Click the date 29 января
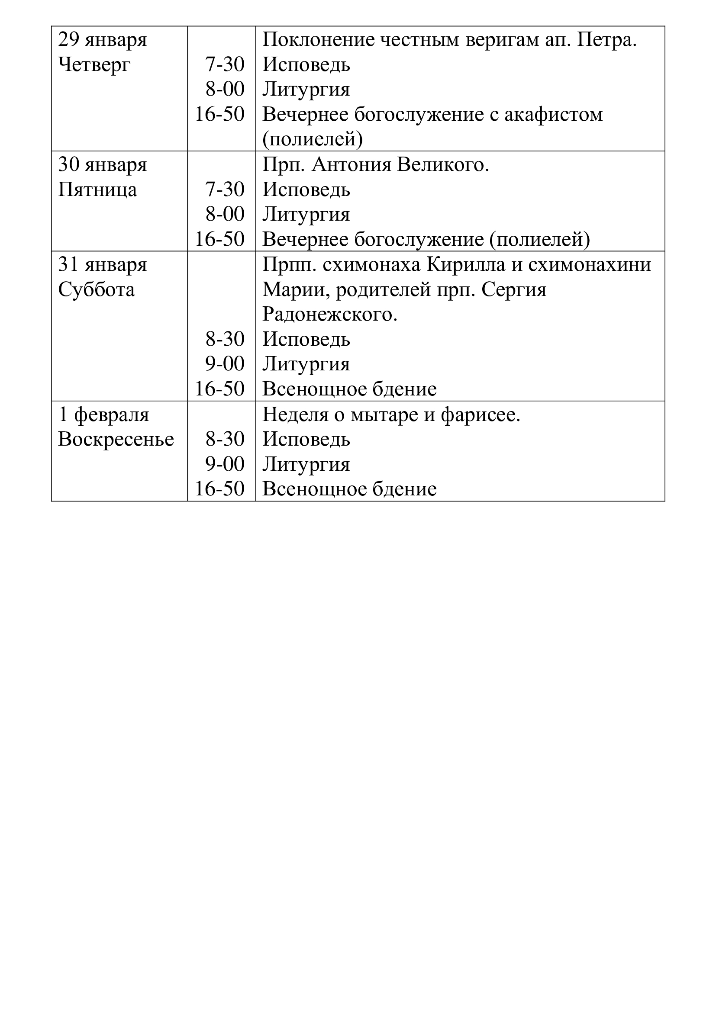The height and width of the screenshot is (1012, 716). pos(102,40)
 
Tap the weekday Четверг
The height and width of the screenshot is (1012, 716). pos(94,65)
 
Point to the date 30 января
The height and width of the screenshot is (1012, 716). pos(102,165)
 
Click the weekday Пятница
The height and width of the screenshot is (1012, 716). pos(97,190)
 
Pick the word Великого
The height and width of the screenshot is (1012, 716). pos(443,165)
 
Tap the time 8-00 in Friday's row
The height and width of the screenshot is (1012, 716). pos(225,215)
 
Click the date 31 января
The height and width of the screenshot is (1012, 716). pos(102,265)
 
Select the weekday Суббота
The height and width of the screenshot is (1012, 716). pos(96,290)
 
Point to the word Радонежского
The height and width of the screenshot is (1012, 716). pos(330,315)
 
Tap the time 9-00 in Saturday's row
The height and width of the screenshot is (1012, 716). pos(225,364)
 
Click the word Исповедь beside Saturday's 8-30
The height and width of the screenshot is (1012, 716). pos(306,340)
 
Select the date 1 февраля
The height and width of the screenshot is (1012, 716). pos(103,415)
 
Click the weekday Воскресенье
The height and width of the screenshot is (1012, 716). pos(116,440)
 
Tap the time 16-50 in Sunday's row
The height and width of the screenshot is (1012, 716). pos(219,489)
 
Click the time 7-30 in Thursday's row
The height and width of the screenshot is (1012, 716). pos(225,65)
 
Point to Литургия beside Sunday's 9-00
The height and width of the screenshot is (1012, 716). pos(306,465)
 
